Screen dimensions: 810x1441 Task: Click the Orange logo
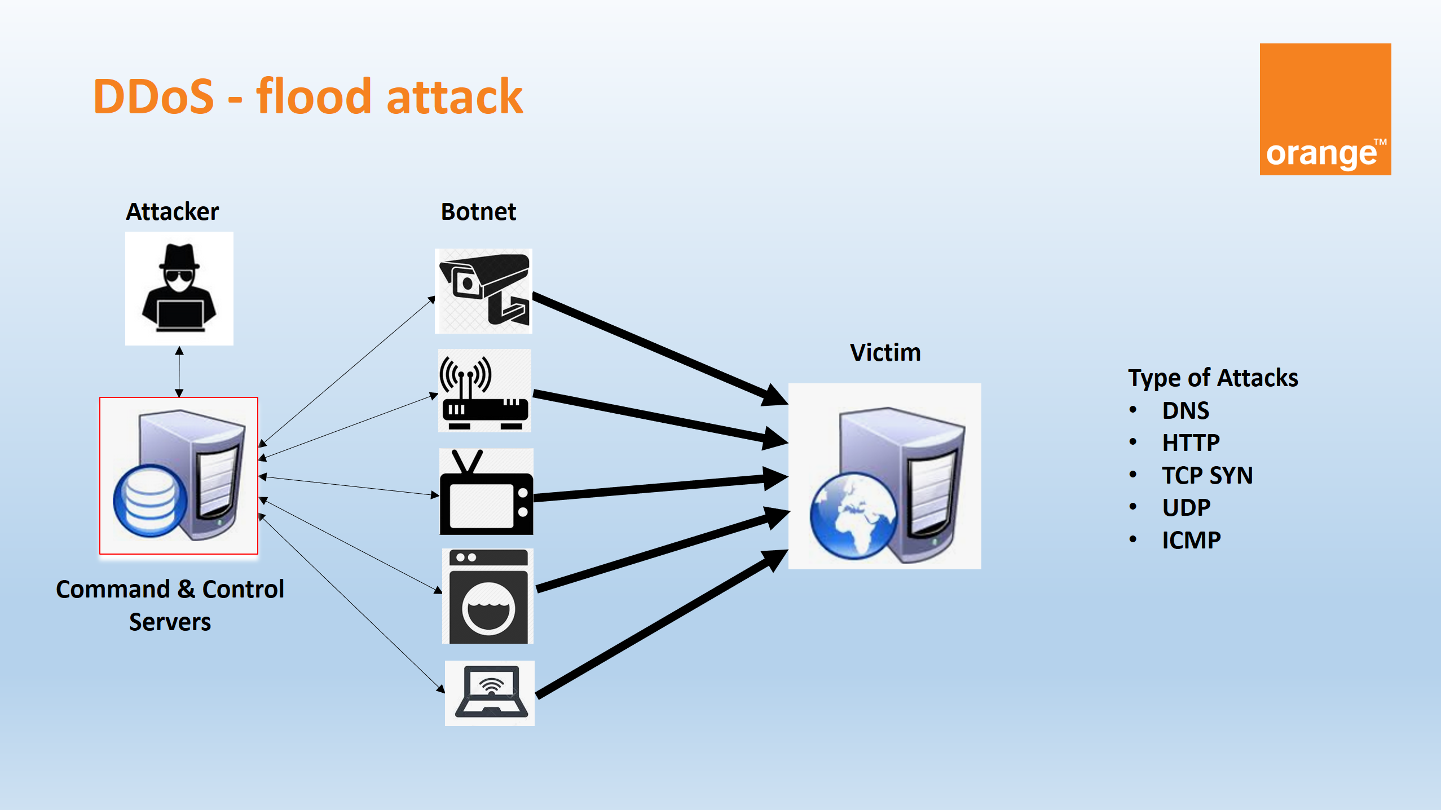pos(1325,109)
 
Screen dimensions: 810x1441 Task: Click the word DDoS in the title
pos(153,97)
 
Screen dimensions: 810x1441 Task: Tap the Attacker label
pos(172,212)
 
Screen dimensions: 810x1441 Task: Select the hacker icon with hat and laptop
pos(179,288)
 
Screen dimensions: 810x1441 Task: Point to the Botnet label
pos(478,212)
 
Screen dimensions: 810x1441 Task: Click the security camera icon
pos(484,291)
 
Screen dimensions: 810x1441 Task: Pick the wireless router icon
pos(484,391)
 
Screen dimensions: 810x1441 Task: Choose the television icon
pos(486,492)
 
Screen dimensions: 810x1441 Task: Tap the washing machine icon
pos(488,596)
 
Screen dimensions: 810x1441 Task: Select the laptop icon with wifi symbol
pos(490,693)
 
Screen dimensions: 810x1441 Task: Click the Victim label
pos(885,353)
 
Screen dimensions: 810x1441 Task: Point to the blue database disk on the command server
pos(149,501)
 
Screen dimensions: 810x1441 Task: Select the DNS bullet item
pos(1186,411)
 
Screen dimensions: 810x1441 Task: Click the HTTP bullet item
pos(1191,443)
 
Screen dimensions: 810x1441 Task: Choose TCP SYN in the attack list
pos(1207,476)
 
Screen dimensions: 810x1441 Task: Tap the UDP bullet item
pos(1186,508)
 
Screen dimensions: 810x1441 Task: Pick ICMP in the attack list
pos(1191,541)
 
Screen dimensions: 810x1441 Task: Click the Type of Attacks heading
pos(1213,378)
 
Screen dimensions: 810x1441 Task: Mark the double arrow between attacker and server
pos(179,371)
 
